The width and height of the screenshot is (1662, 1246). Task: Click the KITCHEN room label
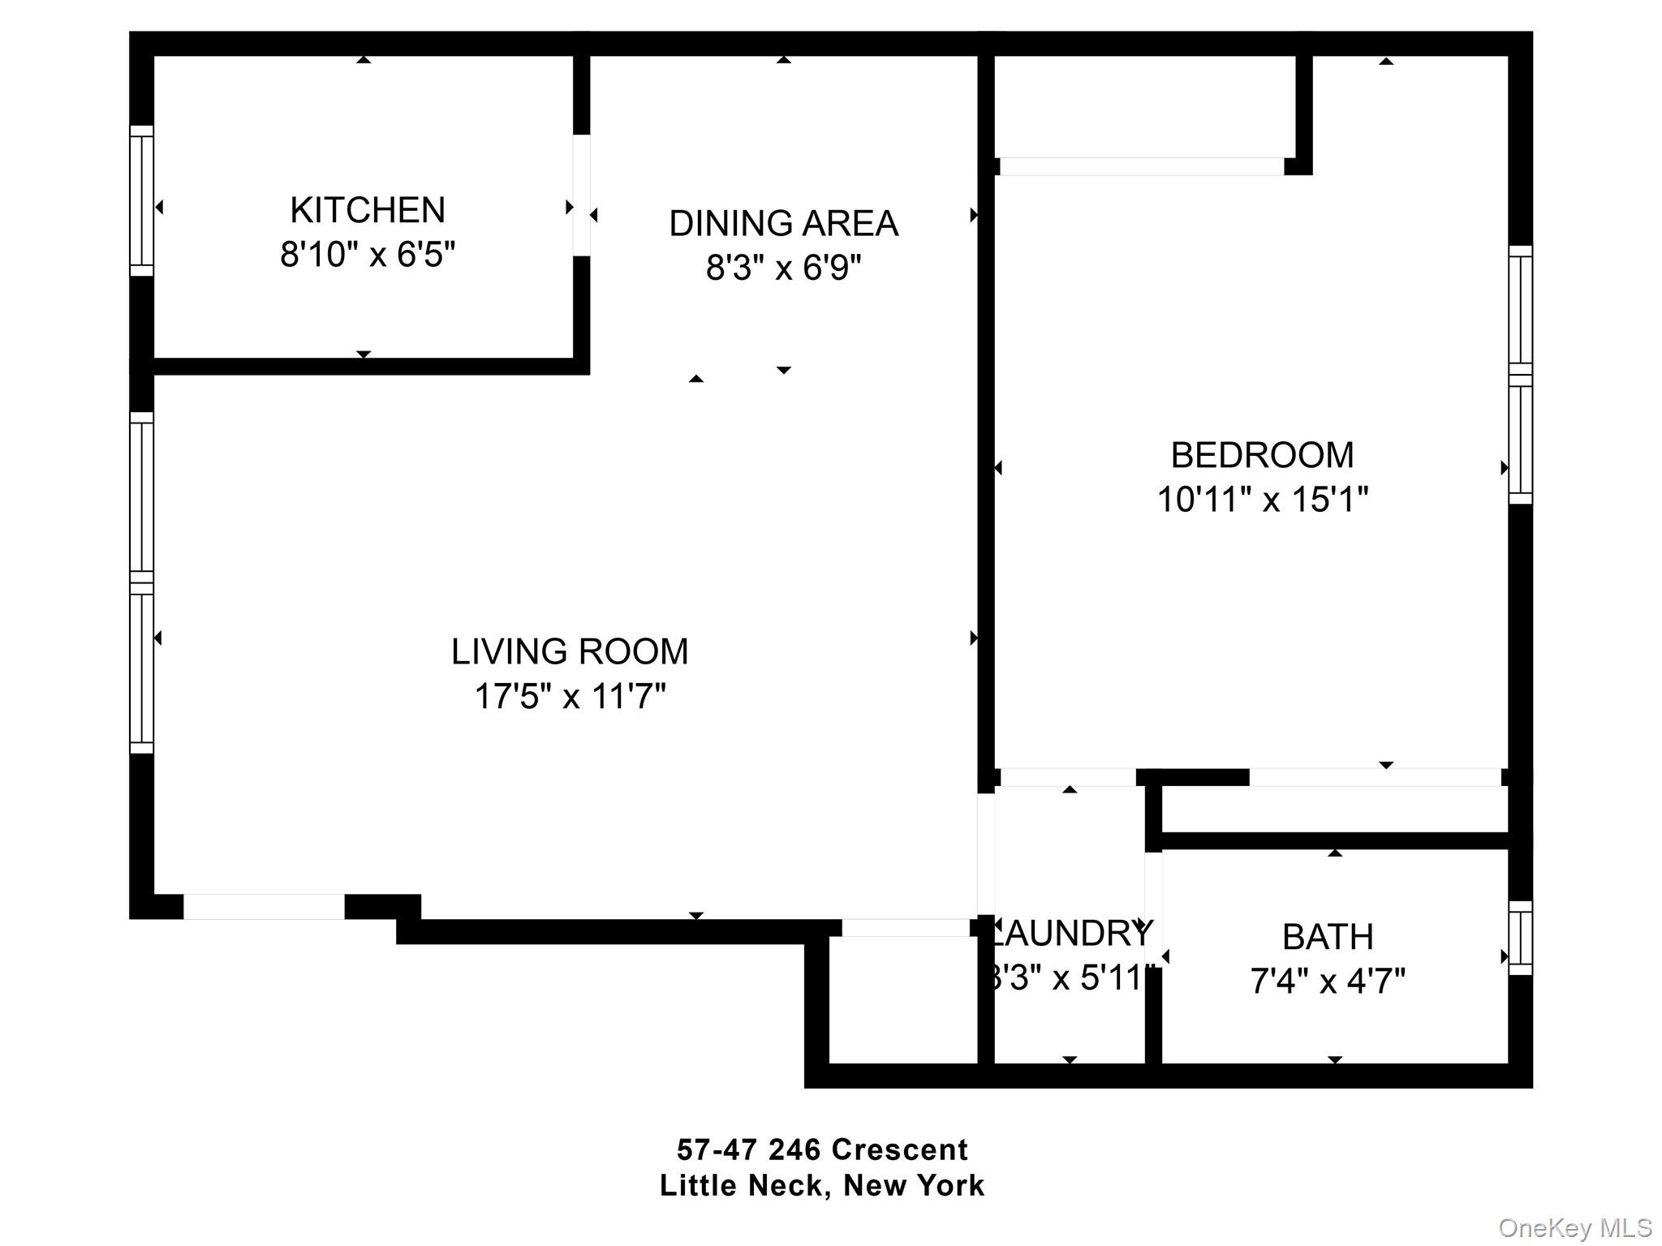coord(368,210)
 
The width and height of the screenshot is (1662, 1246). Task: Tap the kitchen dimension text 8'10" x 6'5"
coord(368,255)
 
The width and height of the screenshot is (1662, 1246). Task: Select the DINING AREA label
coord(783,223)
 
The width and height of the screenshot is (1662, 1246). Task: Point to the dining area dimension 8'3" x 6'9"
coord(783,267)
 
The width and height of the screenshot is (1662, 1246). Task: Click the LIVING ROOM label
coord(570,651)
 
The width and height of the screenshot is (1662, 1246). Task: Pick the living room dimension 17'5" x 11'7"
coord(570,696)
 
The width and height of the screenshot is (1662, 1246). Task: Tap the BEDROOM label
coord(1262,455)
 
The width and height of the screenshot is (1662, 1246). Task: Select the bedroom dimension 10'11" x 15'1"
coord(1262,500)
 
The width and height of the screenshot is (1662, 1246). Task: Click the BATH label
coord(1328,937)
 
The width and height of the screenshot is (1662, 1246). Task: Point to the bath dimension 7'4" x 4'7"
coord(1328,982)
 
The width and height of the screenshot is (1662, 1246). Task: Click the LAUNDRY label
coord(1071,934)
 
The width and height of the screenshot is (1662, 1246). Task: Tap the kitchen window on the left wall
coord(142,200)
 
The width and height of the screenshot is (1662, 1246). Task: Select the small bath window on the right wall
coord(1520,938)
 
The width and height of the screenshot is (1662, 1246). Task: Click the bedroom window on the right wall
coord(1520,375)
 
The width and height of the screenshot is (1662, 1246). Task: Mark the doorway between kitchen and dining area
coord(581,195)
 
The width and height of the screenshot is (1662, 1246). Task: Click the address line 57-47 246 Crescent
coord(822,1149)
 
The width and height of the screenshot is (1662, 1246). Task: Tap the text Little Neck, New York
coord(822,1185)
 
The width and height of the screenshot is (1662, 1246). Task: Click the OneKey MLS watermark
coord(1575,1228)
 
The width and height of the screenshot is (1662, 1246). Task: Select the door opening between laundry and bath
coord(1153,909)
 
